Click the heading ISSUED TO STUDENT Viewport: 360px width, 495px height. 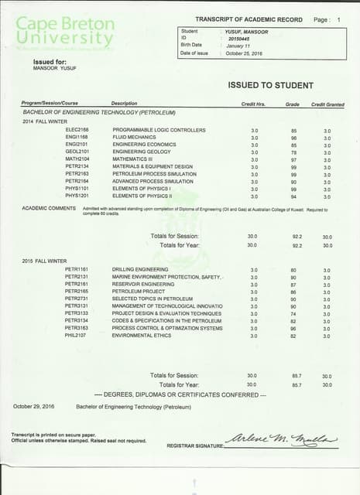point(270,85)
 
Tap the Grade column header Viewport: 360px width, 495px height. point(292,103)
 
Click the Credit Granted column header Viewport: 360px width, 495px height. point(327,103)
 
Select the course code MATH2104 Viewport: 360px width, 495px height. point(77,159)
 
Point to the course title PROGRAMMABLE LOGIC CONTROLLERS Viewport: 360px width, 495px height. point(159,130)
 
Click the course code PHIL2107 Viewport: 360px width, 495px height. point(77,336)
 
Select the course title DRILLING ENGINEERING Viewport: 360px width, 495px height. point(139,269)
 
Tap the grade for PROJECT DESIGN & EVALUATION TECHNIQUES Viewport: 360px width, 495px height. point(293,314)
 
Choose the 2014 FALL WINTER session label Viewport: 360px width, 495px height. point(44,121)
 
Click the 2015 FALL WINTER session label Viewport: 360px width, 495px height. point(44,261)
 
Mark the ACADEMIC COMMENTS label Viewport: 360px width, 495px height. point(49,209)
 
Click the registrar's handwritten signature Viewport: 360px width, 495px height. point(281,439)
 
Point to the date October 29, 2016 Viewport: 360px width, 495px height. point(34,405)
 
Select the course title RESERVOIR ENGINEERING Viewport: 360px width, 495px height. point(145,284)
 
